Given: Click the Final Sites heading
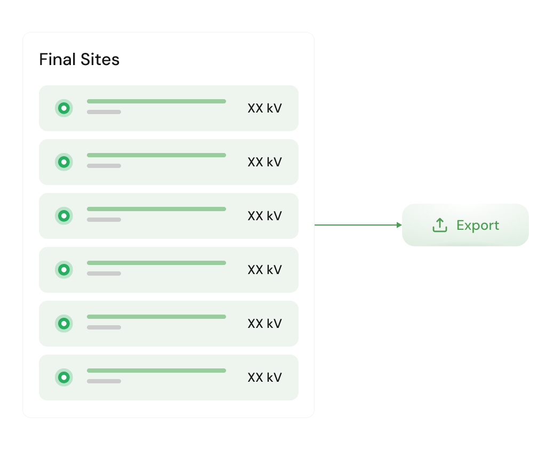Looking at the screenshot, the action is pyautogui.click(x=79, y=59).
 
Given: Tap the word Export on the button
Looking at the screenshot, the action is pyautogui.click(x=478, y=226).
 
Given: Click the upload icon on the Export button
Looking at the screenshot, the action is pyautogui.click(x=440, y=225).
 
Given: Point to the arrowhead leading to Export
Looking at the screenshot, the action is pyautogui.click(x=399, y=225).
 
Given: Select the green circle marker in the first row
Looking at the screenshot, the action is pyautogui.click(x=64, y=108).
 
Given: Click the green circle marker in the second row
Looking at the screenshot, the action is pyautogui.click(x=64, y=162).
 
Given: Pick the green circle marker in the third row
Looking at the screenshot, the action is pyautogui.click(x=64, y=216).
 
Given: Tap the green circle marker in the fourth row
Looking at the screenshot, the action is pyautogui.click(x=64, y=270).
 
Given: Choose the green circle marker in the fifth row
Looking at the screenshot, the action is pyautogui.click(x=64, y=324).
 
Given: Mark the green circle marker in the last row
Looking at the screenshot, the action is pyautogui.click(x=64, y=377).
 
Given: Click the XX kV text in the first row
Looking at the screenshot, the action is pyautogui.click(x=264, y=108).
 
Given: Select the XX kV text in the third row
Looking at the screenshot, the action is pyautogui.click(x=264, y=216).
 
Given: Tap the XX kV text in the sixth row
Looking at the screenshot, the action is pyautogui.click(x=264, y=377).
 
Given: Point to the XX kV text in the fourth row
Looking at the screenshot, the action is pyautogui.click(x=264, y=270).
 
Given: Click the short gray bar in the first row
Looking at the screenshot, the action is pyautogui.click(x=104, y=112).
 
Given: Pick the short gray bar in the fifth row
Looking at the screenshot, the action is pyautogui.click(x=104, y=327).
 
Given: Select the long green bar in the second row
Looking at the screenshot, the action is pyautogui.click(x=156, y=155).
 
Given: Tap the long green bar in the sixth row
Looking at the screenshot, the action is pyautogui.click(x=156, y=371).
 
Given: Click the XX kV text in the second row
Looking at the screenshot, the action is pyautogui.click(x=264, y=162).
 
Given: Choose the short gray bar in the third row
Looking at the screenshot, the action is pyautogui.click(x=104, y=220).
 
